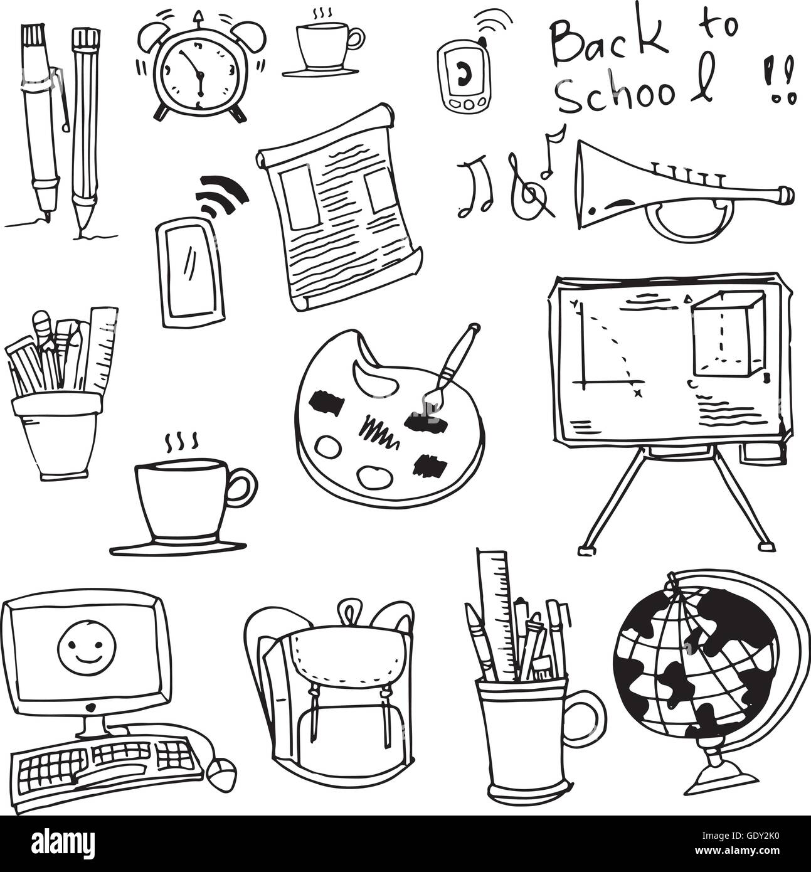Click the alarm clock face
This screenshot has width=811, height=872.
[x=199, y=74]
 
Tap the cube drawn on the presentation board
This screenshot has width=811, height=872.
[x=727, y=336]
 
